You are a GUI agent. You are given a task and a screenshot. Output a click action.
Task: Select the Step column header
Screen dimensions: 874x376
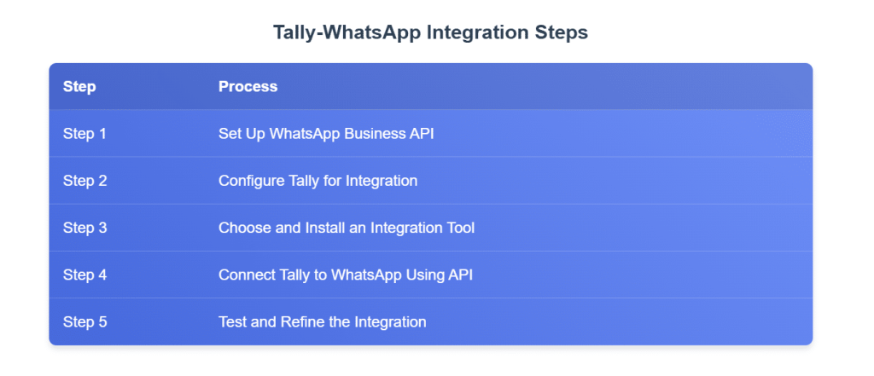click(79, 87)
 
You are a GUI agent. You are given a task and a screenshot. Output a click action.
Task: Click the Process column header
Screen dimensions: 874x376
click(248, 87)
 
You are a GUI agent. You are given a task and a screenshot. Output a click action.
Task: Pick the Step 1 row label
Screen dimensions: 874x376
click(84, 134)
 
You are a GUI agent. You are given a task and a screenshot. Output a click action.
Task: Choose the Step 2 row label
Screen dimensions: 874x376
click(84, 181)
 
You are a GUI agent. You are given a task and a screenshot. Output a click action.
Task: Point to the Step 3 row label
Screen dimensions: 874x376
click(84, 228)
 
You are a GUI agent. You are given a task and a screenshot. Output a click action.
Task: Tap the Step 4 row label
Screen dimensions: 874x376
click(84, 275)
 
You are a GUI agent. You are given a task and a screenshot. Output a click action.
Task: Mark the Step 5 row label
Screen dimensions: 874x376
click(84, 322)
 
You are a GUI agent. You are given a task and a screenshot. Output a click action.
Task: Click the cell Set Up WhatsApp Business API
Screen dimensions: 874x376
click(326, 134)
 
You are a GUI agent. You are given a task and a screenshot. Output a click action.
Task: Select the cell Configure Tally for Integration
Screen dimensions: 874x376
click(318, 181)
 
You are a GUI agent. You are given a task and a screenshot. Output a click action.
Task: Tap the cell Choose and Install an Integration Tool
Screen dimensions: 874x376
click(347, 228)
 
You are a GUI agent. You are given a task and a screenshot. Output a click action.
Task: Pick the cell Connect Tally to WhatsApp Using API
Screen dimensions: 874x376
click(346, 275)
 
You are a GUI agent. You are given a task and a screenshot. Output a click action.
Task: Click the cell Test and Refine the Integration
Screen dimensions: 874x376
click(322, 322)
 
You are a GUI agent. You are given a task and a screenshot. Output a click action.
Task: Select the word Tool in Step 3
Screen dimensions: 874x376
click(462, 228)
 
